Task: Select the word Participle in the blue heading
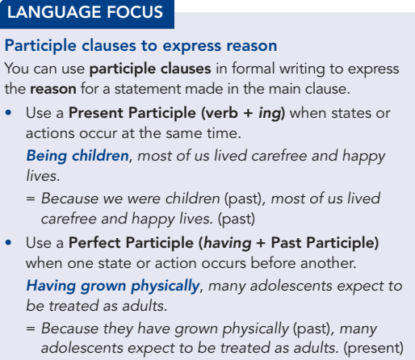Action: coord(40,46)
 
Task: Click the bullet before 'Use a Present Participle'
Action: coord(8,113)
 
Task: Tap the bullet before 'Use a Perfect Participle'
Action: coord(8,243)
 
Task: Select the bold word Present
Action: coord(96,113)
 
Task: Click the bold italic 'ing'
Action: coord(270,114)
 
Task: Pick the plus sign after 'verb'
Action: coord(248,113)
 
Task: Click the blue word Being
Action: coord(47,157)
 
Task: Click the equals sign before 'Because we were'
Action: coord(31,199)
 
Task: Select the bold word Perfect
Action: coord(94,243)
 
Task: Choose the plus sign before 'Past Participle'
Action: coord(261,243)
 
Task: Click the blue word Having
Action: coord(51,287)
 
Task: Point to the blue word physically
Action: coord(166,287)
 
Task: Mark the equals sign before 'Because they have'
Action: coord(31,329)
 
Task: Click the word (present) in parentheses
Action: coord(374,349)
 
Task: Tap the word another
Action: coord(329,263)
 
